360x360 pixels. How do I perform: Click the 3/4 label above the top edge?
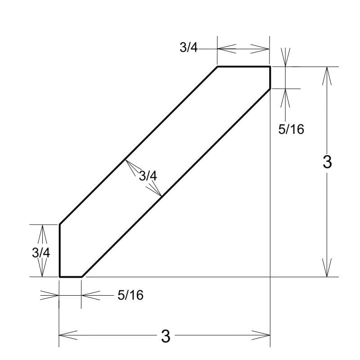point(189,48)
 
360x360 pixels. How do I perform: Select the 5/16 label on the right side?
point(291,130)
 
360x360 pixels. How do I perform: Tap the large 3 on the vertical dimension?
point(327,162)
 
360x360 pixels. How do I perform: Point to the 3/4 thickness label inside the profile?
point(148,176)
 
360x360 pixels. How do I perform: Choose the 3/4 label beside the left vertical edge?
point(41,252)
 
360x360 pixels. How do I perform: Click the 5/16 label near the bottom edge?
point(130,295)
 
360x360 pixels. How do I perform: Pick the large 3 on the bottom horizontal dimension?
point(166,336)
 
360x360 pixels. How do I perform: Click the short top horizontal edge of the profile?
point(243,67)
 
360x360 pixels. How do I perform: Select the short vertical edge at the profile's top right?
point(270,78)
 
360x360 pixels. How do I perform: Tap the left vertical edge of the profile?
point(59,250)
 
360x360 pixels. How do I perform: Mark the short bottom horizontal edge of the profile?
point(70,277)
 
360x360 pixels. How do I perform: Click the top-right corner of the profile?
point(270,67)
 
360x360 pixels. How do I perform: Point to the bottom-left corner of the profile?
point(59,277)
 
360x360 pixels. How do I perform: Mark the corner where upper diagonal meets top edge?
point(217,67)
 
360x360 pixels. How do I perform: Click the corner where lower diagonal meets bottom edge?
point(81,277)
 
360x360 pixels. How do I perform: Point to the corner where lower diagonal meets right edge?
point(270,89)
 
